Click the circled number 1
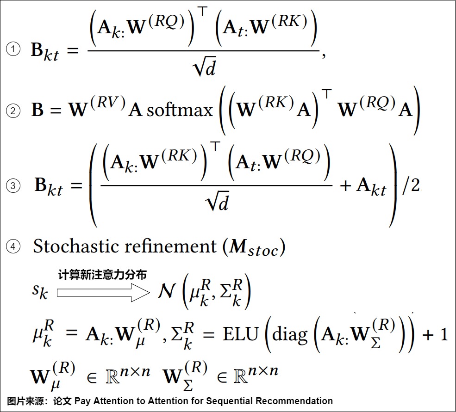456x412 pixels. click(x=13, y=49)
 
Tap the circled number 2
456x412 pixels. click(x=13, y=111)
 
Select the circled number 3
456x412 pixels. click(x=13, y=186)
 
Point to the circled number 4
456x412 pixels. click(x=13, y=246)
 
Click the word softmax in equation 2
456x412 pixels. click(x=180, y=111)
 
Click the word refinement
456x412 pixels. click(x=171, y=246)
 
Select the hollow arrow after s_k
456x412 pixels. click(x=103, y=293)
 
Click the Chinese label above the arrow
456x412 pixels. click(x=102, y=275)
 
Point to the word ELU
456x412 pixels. click(x=241, y=334)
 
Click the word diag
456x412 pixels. click(x=290, y=335)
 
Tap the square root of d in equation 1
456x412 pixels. click(x=204, y=68)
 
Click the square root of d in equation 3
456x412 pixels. click(x=217, y=201)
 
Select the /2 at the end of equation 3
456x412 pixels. click(x=411, y=185)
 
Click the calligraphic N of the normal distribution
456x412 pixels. click(x=167, y=291)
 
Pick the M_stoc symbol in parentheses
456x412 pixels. click(x=253, y=247)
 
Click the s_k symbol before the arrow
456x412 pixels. click(x=40, y=291)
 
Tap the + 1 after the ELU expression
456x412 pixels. click(x=435, y=334)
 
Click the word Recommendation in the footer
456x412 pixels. click(x=294, y=401)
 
